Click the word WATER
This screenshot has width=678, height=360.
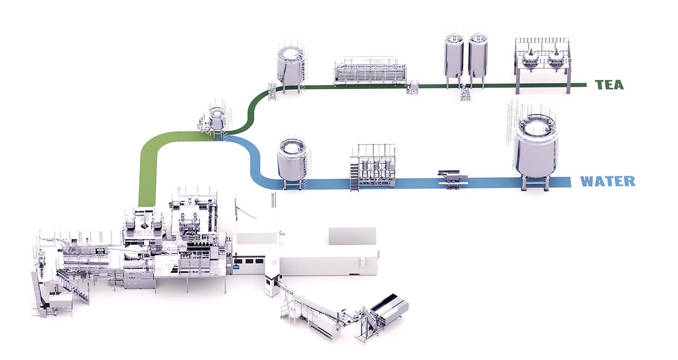608,181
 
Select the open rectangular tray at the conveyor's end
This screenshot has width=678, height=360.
389,306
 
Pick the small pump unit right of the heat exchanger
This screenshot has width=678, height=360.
413,88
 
